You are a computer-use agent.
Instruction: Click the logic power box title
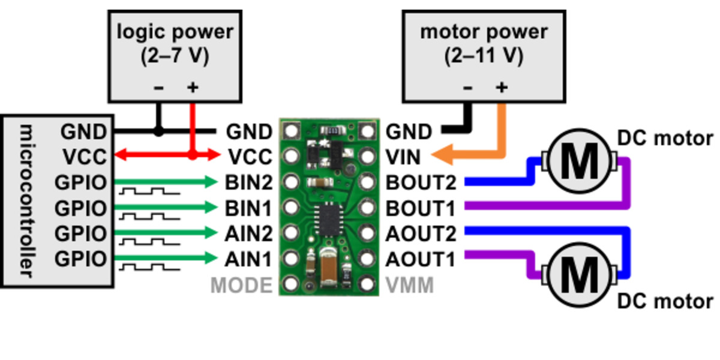tap(174, 31)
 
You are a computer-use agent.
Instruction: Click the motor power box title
tap(484, 31)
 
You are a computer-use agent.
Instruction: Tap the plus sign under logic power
tap(192, 88)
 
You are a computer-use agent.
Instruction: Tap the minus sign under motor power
tap(468, 88)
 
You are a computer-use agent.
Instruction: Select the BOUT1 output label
tap(421, 208)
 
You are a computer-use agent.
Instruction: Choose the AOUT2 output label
tap(421, 233)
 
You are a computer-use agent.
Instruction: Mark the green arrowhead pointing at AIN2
tap(211, 233)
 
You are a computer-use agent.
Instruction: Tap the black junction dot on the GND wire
tap(158, 131)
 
